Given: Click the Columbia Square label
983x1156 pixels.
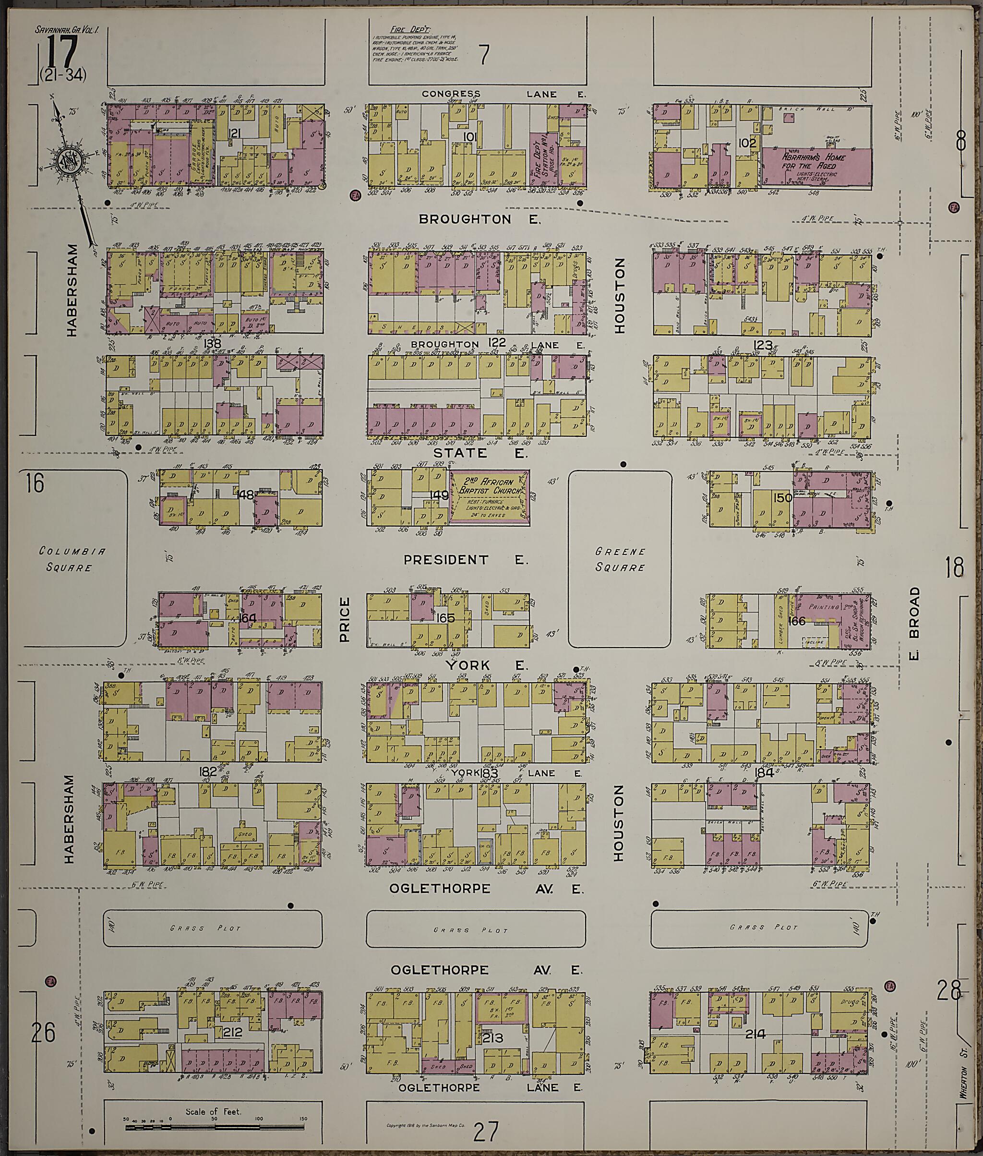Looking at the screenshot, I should [x=65, y=559].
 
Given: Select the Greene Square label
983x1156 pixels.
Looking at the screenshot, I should [x=620, y=560].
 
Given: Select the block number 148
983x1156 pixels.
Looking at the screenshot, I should [x=245, y=494].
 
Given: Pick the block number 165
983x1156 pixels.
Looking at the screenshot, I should [x=446, y=617].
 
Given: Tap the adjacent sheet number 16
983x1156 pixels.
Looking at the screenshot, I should [x=34, y=482].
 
